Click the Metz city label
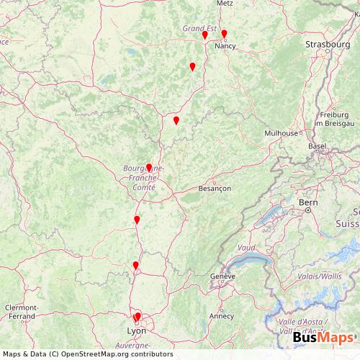click(225, 3)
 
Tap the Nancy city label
click(225, 45)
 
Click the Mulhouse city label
click(280, 133)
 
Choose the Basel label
click(317, 145)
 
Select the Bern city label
click(308, 203)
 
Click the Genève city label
click(223, 276)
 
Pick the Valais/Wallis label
click(320, 275)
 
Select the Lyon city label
click(136, 330)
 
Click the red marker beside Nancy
click(224, 33)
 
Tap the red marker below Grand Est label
click(204, 35)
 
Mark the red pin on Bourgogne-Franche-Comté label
click(149, 168)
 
